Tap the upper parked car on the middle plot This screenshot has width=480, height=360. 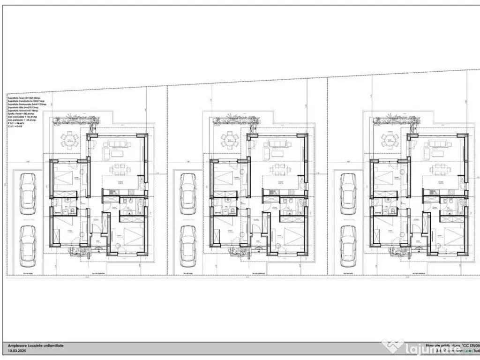[189, 195]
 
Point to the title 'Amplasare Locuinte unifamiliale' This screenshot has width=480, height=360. [36, 345]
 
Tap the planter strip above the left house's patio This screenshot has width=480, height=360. [75, 122]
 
